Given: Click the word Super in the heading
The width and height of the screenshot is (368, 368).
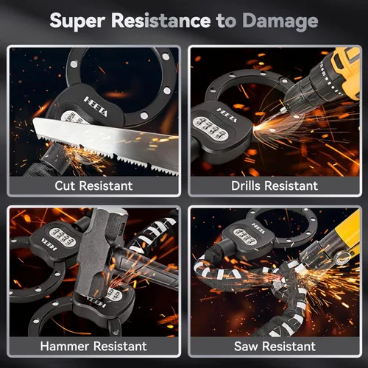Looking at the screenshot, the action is pyautogui.click(x=77, y=21).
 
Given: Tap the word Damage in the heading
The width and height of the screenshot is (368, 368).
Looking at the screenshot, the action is pyautogui.click(x=280, y=21).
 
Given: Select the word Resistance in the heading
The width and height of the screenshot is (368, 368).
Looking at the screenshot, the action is pyautogui.click(x=161, y=20).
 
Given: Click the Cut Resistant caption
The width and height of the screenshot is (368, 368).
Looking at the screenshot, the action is pyautogui.click(x=93, y=185).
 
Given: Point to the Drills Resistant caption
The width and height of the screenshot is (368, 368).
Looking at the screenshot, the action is pyautogui.click(x=275, y=185).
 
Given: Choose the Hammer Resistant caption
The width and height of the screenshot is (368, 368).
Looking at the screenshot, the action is pyautogui.click(x=93, y=346).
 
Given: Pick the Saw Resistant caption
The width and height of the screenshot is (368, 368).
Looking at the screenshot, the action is pyautogui.click(x=275, y=346).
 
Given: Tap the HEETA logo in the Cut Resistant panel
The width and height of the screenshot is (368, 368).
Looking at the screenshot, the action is pyautogui.click(x=96, y=106).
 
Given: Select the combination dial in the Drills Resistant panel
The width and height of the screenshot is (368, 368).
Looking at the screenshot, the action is pyautogui.click(x=210, y=129).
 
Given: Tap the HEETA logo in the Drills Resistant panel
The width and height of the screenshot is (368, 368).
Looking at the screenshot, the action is pyautogui.click(x=227, y=116).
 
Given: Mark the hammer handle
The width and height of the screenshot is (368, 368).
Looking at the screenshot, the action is pyautogui.click(x=147, y=267).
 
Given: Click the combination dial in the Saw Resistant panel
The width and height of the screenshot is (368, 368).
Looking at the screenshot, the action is pyautogui.click(x=245, y=236).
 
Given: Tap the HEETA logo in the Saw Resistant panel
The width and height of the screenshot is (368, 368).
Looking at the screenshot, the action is pyautogui.click(x=258, y=228).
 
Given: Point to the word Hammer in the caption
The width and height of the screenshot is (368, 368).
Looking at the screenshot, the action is pyautogui.click(x=65, y=346).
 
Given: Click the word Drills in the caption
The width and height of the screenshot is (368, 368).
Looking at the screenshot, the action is pyautogui.click(x=246, y=185).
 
